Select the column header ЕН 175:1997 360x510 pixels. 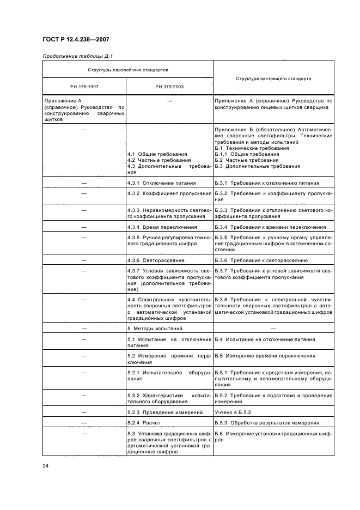pyautogui.click(x=84, y=87)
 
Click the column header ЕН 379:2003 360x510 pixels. pyautogui.click(x=169, y=87)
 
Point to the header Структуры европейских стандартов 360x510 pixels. pyautogui.click(x=128, y=70)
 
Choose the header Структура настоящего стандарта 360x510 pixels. pyautogui.click(x=273, y=78)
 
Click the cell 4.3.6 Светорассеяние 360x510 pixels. pyautogui.click(x=158, y=260)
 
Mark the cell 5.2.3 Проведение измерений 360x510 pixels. pyautogui.click(x=165, y=412)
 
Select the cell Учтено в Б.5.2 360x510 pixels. pyautogui.click(x=236, y=412)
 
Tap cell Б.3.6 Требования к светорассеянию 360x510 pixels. pyautogui.click(x=261, y=260)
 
